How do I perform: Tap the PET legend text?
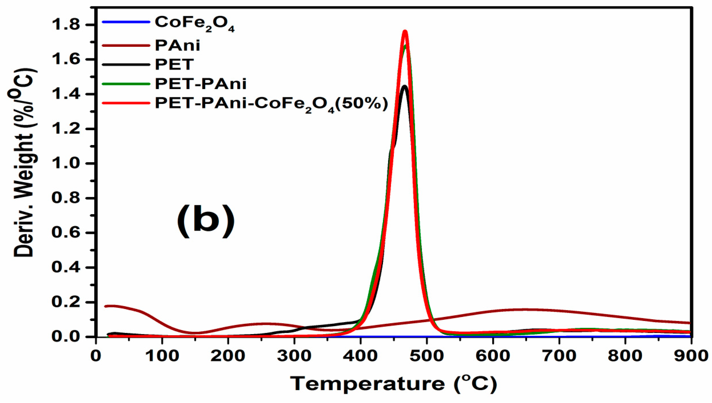[x=174, y=64]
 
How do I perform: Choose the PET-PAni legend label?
[x=201, y=84]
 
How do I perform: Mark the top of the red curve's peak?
[x=405, y=31]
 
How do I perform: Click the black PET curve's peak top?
[x=404, y=86]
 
